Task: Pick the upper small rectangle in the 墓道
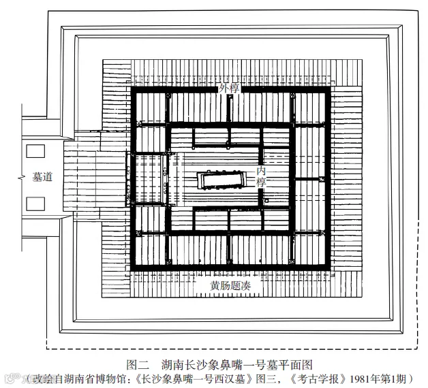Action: click(x=35, y=151)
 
